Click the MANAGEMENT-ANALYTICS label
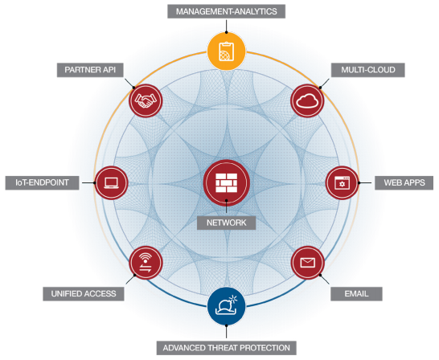click(x=226, y=11)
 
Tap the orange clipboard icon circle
click(x=227, y=51)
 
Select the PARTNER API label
click(x=90, y=70)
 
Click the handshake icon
click(x=146, y=100)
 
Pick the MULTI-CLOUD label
click(x=368, y=70)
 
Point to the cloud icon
click(x=307, y=100)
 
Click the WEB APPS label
click(x=404, y=182)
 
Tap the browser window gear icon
click(x=342, y=183)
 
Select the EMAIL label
click(x=356, y=294)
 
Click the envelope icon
click(x=308, y=263)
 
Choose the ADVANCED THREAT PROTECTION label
click(x=226, y=348)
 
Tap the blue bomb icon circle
click(x=227, y=306)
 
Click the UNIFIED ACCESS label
click(x=84, y=294)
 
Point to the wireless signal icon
click(x=146, y=263)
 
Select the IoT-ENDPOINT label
click(x=42, y=182)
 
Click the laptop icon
click(x=111, y=183)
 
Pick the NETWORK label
click(x=226, y=223)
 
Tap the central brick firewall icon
click(x=227, y=182)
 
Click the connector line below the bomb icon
click(x=227, y=332)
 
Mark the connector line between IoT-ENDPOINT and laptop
click(x=88, y=183)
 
